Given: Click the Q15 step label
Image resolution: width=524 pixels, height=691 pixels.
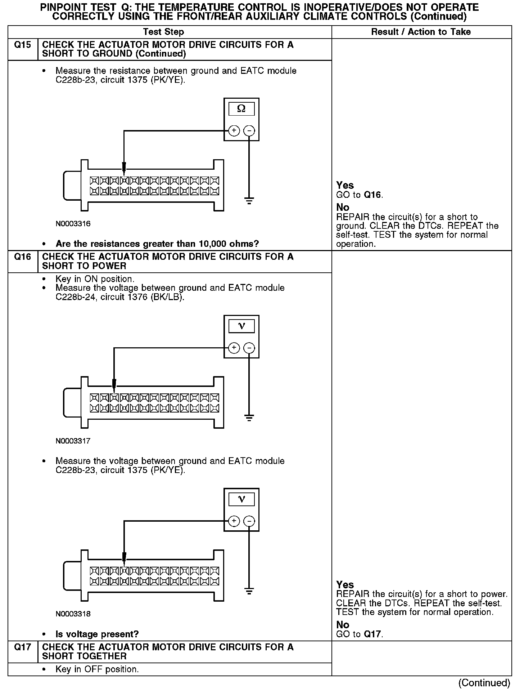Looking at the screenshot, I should click(x=22, y=45).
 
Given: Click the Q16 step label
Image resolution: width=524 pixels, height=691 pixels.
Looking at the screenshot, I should click(x=22, y=257).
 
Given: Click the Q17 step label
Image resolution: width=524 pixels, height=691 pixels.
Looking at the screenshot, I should click(x=22, y=647).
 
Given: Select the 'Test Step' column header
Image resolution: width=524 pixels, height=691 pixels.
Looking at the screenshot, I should click(x=163, y=32).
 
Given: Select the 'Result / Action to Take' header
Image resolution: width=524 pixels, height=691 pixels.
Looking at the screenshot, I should click(x=421, y=32).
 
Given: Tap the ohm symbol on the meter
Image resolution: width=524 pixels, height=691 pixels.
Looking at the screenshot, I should click(x=241, y=109).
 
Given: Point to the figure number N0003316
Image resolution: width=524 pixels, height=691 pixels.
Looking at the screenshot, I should click(x=73, y=224).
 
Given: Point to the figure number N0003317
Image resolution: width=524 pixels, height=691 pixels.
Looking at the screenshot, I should click(x=73, y=441).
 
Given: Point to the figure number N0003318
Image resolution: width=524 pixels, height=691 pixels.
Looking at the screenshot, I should click(x=73, y=614).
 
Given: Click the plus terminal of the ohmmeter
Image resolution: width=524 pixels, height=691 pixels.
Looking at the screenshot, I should click(x=234, y=130).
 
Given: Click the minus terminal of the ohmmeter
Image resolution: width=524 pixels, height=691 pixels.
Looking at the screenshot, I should click(x=249, y=130).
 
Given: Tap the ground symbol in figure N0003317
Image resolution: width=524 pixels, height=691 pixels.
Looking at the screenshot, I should click(x=249, y=418).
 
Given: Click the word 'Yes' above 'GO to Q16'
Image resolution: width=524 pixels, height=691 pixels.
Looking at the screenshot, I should click(x=345, y=185).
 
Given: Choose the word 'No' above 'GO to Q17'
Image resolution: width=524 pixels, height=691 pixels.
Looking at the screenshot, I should click(x=343, y=625).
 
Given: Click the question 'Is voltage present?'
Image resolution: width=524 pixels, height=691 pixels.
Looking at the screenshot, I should click(x=97, y=634).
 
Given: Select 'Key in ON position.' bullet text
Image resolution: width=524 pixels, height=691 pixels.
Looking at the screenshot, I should click(x=95, y=279).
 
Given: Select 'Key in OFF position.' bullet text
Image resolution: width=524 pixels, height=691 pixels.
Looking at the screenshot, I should click(x=97, y=669).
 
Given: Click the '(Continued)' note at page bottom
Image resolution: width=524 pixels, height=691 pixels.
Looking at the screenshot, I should click(x=484, y=683).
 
